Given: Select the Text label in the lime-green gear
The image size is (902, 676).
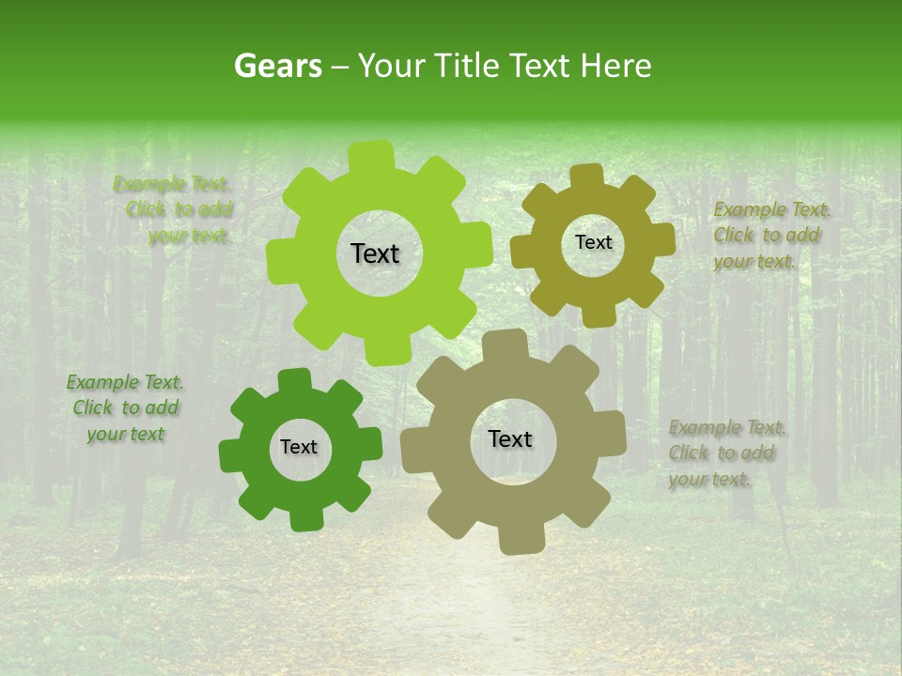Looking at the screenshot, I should pos(375,253).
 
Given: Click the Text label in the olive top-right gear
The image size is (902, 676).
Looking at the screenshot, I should pos(593,242).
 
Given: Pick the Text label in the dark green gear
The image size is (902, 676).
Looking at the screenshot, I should pos(299,447).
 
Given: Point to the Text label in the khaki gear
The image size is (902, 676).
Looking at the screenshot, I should pos(510,438).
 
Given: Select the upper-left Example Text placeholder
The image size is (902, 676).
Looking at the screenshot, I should pos(178,209).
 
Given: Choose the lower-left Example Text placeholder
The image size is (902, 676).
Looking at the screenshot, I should pos(125,407).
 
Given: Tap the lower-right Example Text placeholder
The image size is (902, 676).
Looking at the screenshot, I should pos(725,453).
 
